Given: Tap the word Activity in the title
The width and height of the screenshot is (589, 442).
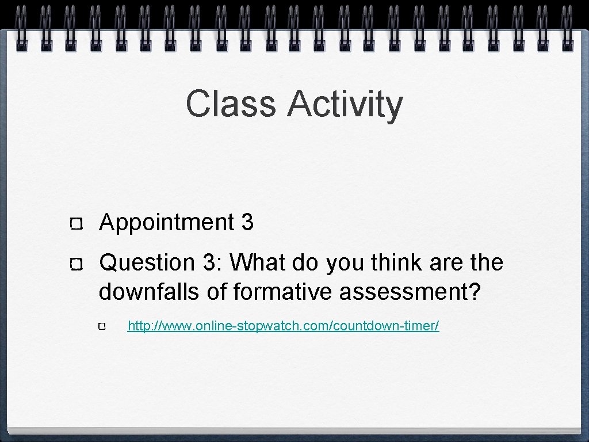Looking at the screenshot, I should click(x=345, y=104).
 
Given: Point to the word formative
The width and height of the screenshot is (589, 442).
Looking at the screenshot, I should click(x=284, y=292).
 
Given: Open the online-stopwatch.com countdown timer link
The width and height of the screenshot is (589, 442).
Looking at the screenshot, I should click(x=283, y=326).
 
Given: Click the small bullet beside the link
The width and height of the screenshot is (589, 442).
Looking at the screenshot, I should click(x=102, y=327).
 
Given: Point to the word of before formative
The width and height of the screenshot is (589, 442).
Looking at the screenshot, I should click(x=217, y=292).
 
